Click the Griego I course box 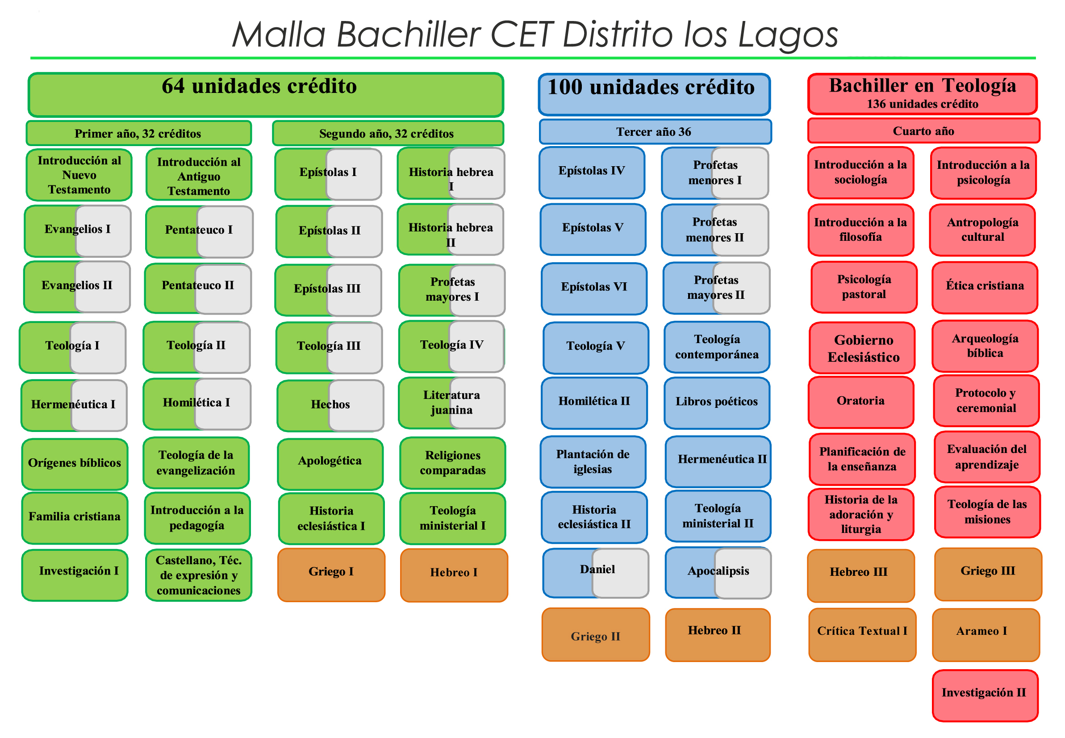pyautogui.click(x=331, y=575)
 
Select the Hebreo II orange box pyautogui.click(x=718, y=634)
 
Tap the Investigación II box pyautogui.click(x=985, y=696)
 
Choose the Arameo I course pyautogui.click(x=986, y=634)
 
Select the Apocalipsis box pyautogui.click(x=718, y=572)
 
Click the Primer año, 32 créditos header pyautogui.click(x=139, y=133)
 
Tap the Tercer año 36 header pyautogui.click(x=655, y=132)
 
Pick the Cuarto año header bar pyautogui.click(x=923, y=131)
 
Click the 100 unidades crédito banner pyautogui.click(x=654, y=94)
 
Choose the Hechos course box pyautogui.click(x=330, y=405)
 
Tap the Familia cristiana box pyautogui.click(x=75, y=517)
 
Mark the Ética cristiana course pyautogui.click(x=985, y=287)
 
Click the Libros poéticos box pyautogui.click(x=716, y=403)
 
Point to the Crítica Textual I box pyautogui.click(x=862, y=634)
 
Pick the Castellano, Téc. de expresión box pyautogui.click(x=198, y=575)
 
